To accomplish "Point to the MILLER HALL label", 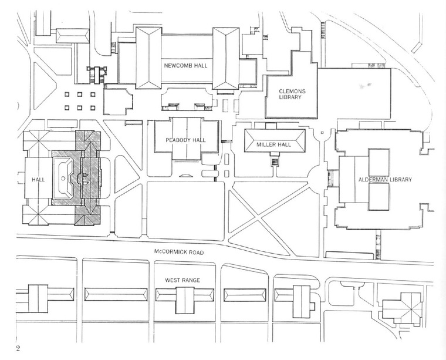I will pos(275,141).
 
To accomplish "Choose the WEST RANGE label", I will pos(183,280).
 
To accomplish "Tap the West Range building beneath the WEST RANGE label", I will pos(183,300).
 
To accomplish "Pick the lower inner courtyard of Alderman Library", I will pos(379,198).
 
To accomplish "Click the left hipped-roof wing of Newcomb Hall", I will pos(148,57).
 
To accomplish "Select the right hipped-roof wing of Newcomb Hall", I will pos(226,58).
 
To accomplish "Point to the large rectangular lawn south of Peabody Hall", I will pos(185,210).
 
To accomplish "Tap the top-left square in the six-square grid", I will pos(67,95).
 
